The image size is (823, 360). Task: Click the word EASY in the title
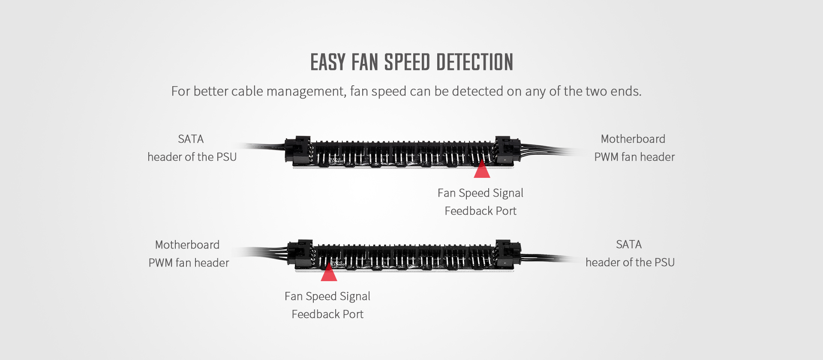pos(327,62)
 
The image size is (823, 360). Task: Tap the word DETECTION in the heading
pos(475,62)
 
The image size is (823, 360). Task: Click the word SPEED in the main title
pos(408,62)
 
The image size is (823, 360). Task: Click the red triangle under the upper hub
pos(482,169)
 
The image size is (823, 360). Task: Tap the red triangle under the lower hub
pos(329,273)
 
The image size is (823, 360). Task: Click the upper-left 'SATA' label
pos(191,139)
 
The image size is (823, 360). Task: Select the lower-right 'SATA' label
pos(629,244)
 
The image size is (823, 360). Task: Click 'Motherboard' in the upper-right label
pos(633,139)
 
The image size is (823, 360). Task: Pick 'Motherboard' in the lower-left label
pos(187,245)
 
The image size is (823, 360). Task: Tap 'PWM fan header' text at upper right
pos(634,157)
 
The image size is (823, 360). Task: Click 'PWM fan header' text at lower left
pos(189,263)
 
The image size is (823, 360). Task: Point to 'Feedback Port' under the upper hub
pos(481,211)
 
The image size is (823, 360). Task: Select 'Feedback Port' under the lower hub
pos(327,314)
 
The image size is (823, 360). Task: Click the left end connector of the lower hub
pos(300,254)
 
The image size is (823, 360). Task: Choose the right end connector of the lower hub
pos(508,254)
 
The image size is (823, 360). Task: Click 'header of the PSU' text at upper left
pos(192,157)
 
